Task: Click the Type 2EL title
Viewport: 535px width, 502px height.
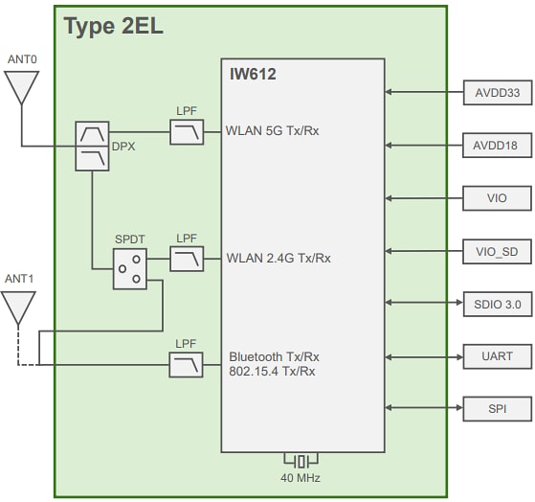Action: [113, 26]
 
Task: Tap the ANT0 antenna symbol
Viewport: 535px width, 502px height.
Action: [20, 88]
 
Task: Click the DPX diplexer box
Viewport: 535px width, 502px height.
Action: [92, 147]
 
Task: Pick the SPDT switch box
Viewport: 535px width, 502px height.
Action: [130, 269]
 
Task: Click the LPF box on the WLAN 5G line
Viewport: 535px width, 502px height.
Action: [187, 131]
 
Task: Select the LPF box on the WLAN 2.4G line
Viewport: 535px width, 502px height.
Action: [187, 258]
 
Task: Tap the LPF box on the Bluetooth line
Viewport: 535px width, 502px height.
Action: [187, 364]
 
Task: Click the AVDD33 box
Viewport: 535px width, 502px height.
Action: [497, 93]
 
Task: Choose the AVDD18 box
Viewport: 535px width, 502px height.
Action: [497, 146]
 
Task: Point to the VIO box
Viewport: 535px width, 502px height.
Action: [497, 198]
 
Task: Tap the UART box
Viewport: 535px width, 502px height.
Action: [497, 355]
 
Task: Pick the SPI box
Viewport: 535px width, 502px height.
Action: [497, 408]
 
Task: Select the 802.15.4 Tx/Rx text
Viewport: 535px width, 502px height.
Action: [273, 372]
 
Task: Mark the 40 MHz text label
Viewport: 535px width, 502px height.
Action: [301, 478]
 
